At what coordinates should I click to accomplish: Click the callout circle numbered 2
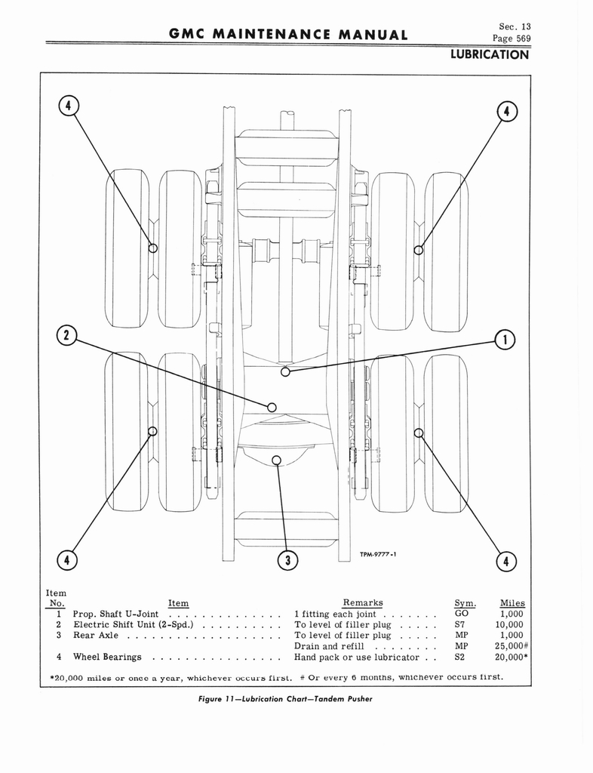tap(67, 336)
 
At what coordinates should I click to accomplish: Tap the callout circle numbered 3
tap(288, 560)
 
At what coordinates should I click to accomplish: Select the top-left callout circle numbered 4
tap(69, 105)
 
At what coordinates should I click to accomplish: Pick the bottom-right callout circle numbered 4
tap(506, 561)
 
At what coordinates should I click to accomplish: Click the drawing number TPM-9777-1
tap(378, 554)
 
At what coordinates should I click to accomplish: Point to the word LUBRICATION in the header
tap(490, 54)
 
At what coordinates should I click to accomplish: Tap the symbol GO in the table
tap(462, 614)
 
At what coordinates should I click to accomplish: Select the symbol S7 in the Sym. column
tap(459, 624)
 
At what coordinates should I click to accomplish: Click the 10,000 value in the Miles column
tap(509, 624)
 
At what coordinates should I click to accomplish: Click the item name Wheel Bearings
tap(107, 658)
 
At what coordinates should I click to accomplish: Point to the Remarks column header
tap(362, 602)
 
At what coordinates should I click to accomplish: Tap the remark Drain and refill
tap(329, 646)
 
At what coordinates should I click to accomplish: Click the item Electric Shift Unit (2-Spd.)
tap(134, 624)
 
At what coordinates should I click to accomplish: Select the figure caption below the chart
tap(285, 699)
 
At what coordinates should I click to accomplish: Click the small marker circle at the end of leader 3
tap(276, 460)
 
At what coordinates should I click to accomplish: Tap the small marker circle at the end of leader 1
tap(285, 371)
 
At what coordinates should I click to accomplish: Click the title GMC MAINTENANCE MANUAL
tap(288, 35)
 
